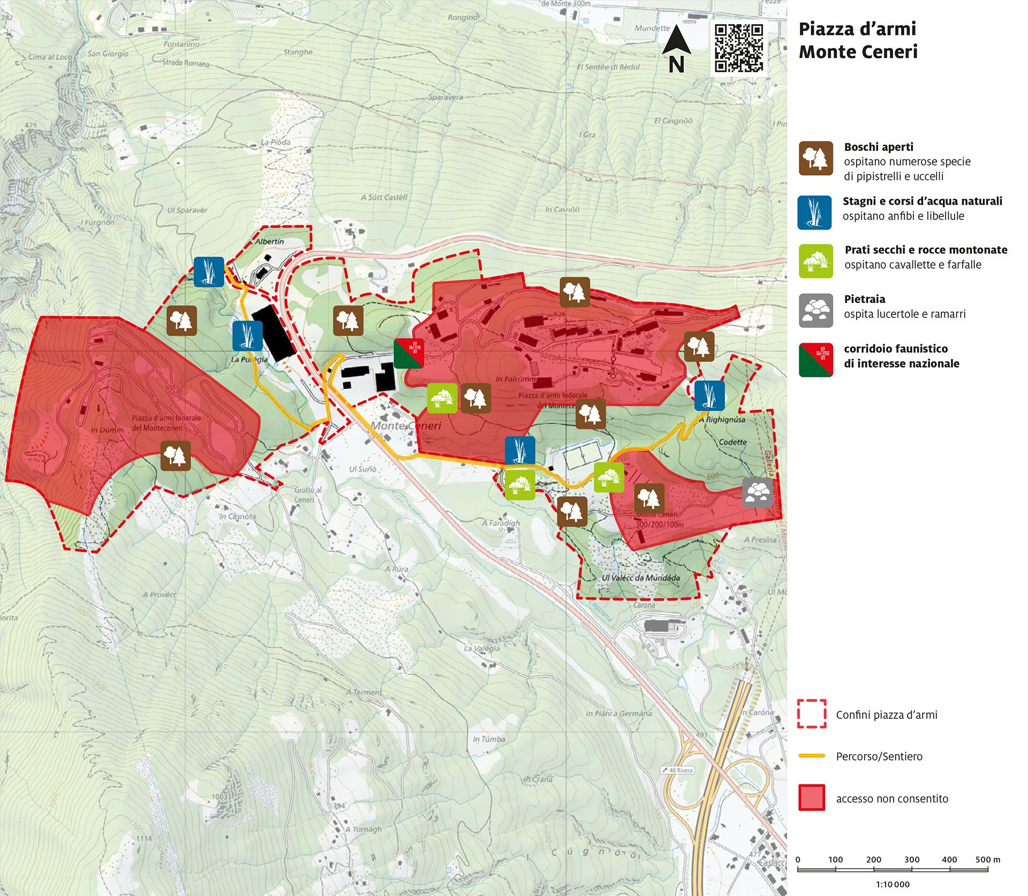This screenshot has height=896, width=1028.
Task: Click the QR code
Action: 739,48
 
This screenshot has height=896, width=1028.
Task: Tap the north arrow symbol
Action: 677,48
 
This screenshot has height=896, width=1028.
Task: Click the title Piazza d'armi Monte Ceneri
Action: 858,40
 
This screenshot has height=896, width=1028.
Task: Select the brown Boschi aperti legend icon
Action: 815,158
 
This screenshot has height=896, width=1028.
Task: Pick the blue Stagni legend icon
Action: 814,212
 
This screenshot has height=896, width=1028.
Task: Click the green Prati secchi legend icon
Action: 815,261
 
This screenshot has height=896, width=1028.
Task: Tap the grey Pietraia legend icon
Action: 815,310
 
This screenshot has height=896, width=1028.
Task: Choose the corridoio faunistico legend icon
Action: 815,360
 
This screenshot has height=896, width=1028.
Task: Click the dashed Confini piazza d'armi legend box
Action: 812,713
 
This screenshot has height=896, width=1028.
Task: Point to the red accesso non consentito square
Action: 812,798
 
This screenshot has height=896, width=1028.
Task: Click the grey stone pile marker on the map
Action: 758,492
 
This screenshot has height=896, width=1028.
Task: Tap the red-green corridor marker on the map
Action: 409,353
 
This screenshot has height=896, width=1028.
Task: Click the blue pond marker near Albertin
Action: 209,272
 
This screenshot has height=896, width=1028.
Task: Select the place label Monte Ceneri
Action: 406,426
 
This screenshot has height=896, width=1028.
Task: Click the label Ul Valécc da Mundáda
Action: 640,578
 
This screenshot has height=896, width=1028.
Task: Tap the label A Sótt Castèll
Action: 384,197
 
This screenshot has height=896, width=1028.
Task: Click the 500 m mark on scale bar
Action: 987,860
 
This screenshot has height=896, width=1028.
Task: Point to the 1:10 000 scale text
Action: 893,884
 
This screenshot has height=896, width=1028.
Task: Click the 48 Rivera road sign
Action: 677,770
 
